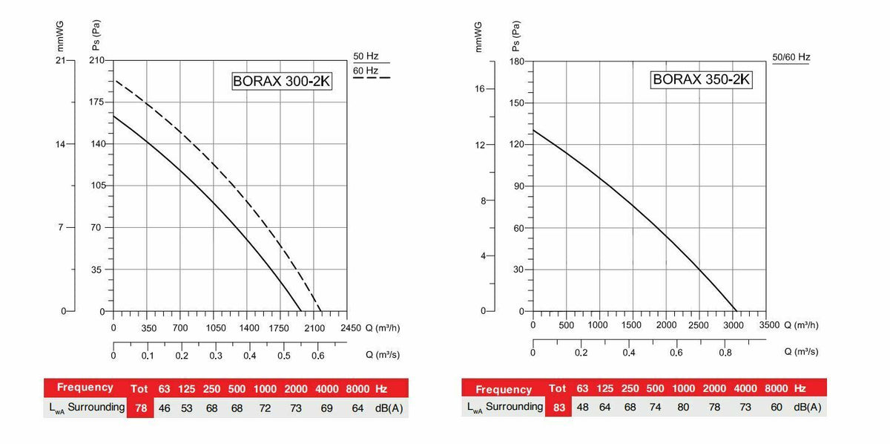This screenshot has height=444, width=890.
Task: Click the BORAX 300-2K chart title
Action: [x=282, y=82]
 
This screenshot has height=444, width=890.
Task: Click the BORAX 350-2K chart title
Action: [x=701, y=79]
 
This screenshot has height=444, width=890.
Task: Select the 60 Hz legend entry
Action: [x=366, y=71]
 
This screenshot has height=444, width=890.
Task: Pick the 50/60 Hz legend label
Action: [x=791, y=57]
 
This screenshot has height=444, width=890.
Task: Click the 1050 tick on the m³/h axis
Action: [x=215, y=327]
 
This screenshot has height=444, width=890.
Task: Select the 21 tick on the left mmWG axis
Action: [x=62, y=59]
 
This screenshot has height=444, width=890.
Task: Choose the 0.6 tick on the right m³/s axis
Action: [x=676, y=353]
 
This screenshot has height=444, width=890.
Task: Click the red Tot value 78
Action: [x=139, y=407]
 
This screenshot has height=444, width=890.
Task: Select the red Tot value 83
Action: [x=557, y=407]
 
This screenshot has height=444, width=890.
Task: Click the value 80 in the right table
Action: [x=683, y=407]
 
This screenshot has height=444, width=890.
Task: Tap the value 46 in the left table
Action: [x=164, y=407]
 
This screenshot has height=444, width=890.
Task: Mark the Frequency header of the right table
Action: [x=504, y=389]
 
